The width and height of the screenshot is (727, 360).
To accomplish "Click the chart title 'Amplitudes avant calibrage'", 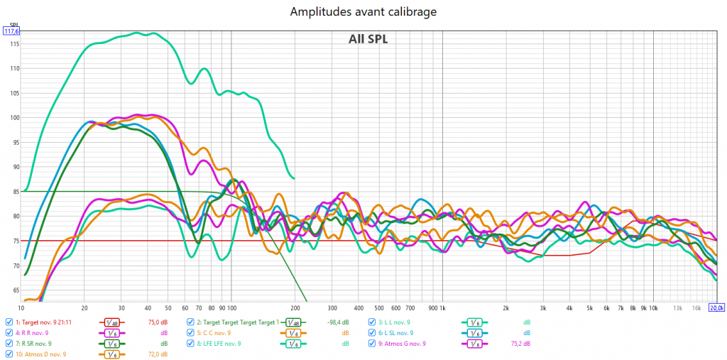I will click(363, 12).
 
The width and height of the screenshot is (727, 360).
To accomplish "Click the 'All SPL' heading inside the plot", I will click(368, 39).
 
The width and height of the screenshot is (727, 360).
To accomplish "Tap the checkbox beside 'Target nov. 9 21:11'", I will click(9, 322).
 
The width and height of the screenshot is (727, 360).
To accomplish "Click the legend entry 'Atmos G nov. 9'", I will click(401, 343).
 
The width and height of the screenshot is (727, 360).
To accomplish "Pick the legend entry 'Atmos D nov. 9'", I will click(40, 354).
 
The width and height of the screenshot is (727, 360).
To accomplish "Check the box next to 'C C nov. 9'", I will click(190, 332).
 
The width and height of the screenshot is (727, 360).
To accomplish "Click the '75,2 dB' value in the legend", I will click(520, 343).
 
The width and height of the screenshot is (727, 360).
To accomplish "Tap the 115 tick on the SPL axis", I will click(12, 44).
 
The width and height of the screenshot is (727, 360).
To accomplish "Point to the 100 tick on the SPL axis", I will click(12, 118).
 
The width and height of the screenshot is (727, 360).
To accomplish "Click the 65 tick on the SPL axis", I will click(13, 290).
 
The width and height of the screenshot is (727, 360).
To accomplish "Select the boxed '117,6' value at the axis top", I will click(11, 31).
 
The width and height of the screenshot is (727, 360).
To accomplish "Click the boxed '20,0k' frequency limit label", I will click(716, 307).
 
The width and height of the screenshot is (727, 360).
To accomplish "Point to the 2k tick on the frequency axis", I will click(506, 308).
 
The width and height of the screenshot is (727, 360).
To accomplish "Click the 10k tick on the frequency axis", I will click(652, 308).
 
